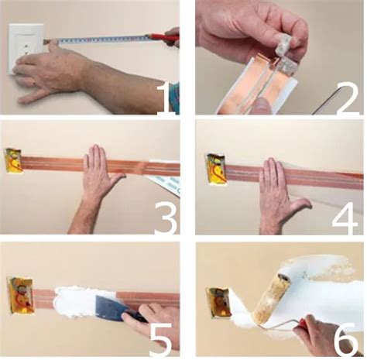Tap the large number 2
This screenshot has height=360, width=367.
(x=348, y=98)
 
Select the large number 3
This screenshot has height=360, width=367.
(x=166, y=218)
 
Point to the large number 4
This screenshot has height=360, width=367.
(x=345, y=218)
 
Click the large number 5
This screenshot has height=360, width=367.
(x=161, y=339)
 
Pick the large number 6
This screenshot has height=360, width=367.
(x=346, y=339)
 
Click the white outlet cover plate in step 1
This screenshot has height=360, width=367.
(x=26, y=48)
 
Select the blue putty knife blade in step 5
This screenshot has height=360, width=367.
(x=109, y=307)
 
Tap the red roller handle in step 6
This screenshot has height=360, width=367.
(x=303, y=323)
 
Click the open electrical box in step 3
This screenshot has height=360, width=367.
(x=14, y=160)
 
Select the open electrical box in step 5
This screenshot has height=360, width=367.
(x=21, y=296)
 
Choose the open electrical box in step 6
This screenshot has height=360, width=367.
(x=218, y=303)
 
